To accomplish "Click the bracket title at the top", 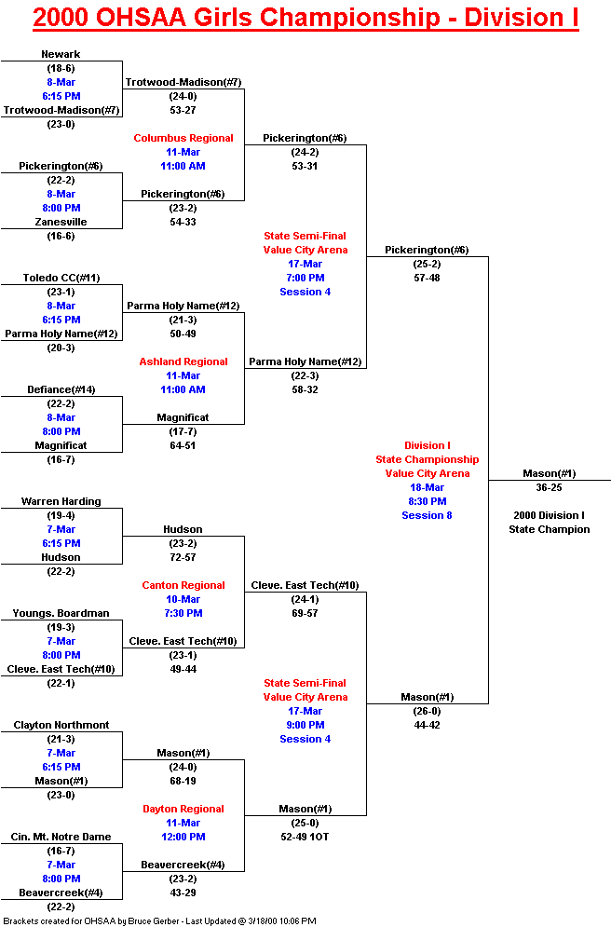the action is coord(305,18).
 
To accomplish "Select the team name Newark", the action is coord(61,54).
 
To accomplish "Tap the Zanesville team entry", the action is coord(61,222).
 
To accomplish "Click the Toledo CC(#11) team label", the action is coord(61,278).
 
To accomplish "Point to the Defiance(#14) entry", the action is coord(61,389).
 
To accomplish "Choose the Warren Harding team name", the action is coord(61,500).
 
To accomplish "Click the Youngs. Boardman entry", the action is coord(61,612).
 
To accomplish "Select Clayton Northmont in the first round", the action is coord(61,724).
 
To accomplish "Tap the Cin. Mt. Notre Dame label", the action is coord(61,836).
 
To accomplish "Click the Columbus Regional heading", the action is coord(183,138).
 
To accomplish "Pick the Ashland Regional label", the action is coord(183,361).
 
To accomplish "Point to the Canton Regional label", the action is coord(183,585).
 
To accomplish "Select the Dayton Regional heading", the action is coord(183,808).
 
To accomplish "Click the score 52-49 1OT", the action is coord(305,836).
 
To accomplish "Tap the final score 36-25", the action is coord(549,487).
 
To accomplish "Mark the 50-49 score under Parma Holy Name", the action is coord(183,334).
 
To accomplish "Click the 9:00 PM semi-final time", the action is coord(305,724).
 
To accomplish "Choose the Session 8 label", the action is coord(427,515).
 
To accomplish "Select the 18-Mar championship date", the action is coord(427,487).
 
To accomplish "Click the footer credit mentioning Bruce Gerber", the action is coord(159,920).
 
